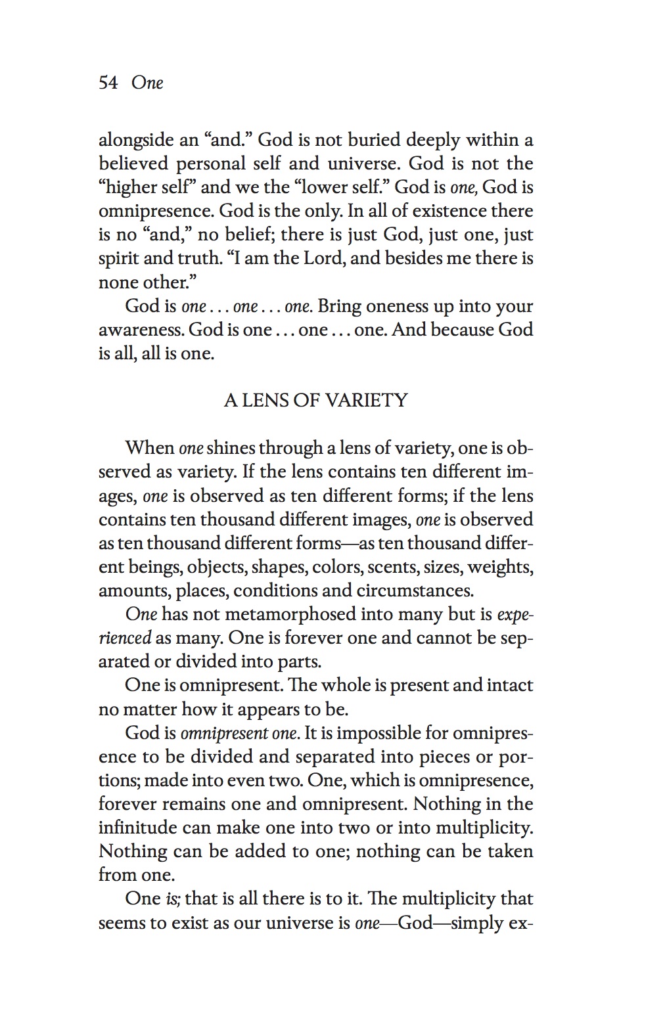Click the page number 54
coord(108,83)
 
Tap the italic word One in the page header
coord(147,83)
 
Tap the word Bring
coord(338,306)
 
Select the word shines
coord(230,448)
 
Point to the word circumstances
coord(415,590)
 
